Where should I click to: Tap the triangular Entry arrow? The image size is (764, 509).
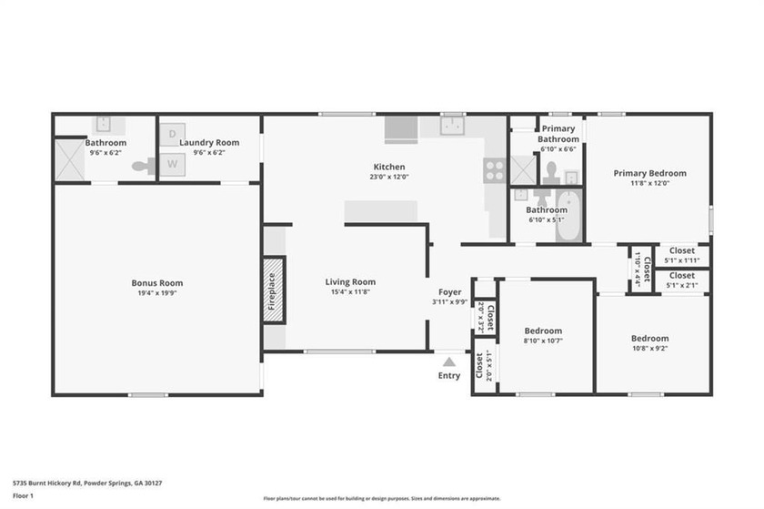[448, 362]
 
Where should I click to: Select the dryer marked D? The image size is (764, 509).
[172, 135]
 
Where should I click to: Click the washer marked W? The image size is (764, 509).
[172, 165]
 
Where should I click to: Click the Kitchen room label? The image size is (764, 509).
[388, 167]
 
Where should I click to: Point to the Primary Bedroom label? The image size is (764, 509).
[648, 173]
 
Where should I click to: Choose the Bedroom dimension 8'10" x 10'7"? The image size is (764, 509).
[543, 342]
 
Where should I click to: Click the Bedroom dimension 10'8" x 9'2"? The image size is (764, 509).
[649, 349]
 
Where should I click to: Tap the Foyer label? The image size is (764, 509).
[449, 291]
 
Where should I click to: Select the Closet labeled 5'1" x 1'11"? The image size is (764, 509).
[681, 261]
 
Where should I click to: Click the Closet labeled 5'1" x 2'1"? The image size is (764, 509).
[681, 286]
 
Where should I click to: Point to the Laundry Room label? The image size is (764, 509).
[208, 143]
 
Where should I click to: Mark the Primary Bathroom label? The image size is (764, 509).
[558, 134]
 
